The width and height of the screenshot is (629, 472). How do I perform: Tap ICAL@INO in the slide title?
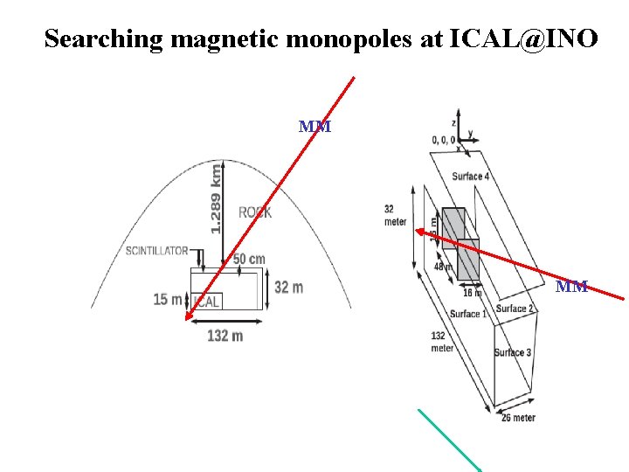point(524,38)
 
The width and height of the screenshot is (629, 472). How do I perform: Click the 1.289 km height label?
point(216,198)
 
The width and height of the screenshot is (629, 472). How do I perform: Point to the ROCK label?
point(254,212)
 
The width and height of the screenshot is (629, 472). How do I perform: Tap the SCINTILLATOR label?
point(156,251)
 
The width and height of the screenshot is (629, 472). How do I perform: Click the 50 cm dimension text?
point(249,260)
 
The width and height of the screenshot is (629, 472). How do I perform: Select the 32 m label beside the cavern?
point(288,287)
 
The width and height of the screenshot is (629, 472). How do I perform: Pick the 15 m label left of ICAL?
point(167,300)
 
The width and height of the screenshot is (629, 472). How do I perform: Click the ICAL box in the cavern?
point(207,301)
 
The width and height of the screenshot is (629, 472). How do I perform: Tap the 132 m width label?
point(225,335)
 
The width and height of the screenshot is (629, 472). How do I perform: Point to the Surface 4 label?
point(470,177)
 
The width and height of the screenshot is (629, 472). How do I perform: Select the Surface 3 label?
point(513,352)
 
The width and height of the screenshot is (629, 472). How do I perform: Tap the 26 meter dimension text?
point(518,418)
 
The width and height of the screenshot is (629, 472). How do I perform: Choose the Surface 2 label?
point(515,309)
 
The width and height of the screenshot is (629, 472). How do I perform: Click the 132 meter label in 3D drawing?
point(442,342)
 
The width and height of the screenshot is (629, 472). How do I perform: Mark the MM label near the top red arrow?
point(314,127)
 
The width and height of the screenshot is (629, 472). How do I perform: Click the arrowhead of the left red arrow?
point(187,319)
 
